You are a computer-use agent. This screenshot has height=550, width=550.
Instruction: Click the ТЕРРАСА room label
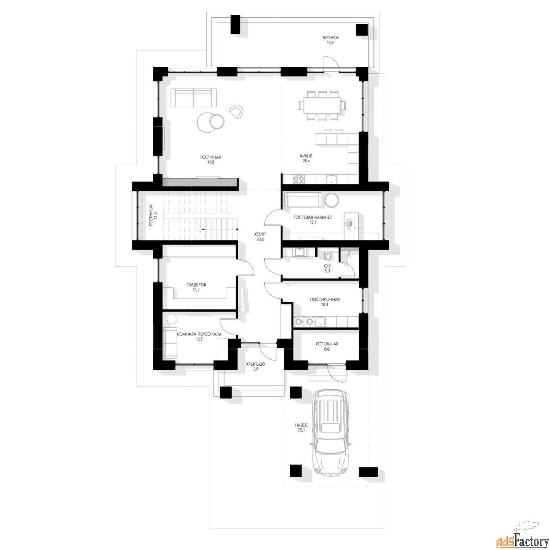pos(330,37)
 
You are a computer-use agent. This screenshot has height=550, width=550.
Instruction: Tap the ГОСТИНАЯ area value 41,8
pos(211,162)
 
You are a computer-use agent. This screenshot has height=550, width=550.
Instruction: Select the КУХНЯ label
pos(306,156)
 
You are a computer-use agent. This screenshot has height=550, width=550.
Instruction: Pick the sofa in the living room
pos(193,98)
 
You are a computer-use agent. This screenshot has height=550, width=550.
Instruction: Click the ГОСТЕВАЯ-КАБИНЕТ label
pos(313,217)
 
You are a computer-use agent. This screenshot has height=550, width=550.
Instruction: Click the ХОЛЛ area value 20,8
pos(260,239)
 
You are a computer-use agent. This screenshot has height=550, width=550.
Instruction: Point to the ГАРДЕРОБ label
pos(196,284)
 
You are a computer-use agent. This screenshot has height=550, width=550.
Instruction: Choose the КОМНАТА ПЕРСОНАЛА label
pos(199,334)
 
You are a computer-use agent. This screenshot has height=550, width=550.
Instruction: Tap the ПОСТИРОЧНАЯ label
pos(325,299)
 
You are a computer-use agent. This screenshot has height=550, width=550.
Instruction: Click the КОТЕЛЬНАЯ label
pos(327,344)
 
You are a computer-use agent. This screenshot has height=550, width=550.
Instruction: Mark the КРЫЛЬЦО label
pos(256,364)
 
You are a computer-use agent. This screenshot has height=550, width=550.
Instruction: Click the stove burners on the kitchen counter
pos(299,180)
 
